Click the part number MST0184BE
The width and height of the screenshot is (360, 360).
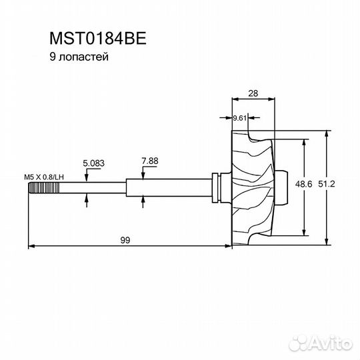(x=98, y=39)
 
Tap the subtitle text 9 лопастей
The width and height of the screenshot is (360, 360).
(x=79, y=57)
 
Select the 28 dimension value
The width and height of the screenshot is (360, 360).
(x=253, y=93)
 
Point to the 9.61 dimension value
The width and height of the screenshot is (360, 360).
(x=240, y=118)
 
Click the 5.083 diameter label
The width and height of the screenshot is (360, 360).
(x=94, y=163)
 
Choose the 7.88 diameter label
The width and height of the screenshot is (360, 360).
(x=150, y=161)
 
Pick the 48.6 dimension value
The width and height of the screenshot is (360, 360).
(x=303, y=184)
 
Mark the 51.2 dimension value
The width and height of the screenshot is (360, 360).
(x=327, y=184)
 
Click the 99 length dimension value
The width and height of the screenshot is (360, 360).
(x=125, y=240)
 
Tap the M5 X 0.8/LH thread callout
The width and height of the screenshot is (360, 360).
(x=44, y=177)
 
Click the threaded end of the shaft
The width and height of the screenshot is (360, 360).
(x=44, y=188)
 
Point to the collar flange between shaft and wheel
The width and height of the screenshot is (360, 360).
(x=215, y=187)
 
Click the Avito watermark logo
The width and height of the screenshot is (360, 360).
(x=321, y=343)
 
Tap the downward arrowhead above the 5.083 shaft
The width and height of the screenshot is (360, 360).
(x=87, y=178)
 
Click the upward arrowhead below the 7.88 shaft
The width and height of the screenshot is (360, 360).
(x=143, y=200)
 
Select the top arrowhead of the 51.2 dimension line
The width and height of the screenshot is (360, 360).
(x=326, y=135)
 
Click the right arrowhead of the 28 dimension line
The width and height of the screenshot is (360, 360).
(x=271, y=99)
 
